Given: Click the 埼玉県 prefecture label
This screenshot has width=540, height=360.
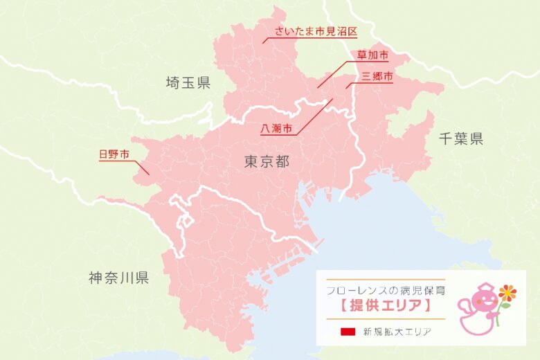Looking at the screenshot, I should click(188, 83).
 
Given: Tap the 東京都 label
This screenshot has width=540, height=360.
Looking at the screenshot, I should click(267, 161).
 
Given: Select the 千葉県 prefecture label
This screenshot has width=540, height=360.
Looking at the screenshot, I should click(461, 139).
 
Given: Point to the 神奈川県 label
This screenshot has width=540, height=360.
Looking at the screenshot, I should click(119, 278).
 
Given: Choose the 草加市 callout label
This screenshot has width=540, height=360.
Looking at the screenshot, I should click(372, 55).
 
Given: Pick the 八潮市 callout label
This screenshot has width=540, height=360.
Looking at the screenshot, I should click(276, 129).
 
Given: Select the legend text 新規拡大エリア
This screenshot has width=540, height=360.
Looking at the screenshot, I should click(397, 332).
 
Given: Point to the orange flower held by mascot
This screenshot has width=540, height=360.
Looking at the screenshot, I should click(508, 292).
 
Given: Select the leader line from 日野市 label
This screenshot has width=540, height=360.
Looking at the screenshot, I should click(141, 167).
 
